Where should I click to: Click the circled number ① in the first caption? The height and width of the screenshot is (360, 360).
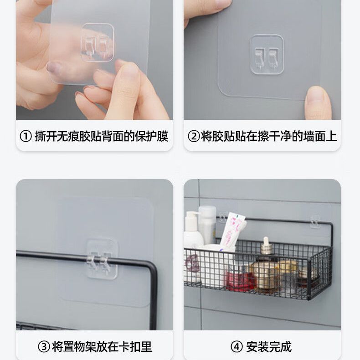[26, 136]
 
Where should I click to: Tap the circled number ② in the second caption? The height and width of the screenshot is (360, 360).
[194, 136]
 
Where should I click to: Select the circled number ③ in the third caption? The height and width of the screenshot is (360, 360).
[44, 347]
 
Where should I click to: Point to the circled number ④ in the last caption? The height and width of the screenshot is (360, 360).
[237, 347]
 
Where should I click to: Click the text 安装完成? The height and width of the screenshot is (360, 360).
[269, 347]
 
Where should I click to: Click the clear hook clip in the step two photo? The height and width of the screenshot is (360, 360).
[267, 54]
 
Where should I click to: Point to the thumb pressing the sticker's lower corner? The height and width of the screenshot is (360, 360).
[318, 102]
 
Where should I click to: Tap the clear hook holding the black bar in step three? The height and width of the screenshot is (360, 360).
[102, 259]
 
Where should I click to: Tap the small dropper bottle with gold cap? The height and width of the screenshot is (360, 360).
[266, 247]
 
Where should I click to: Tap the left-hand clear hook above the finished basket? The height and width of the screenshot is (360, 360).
[222, 217]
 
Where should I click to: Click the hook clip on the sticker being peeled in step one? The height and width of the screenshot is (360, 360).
[98, 42]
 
